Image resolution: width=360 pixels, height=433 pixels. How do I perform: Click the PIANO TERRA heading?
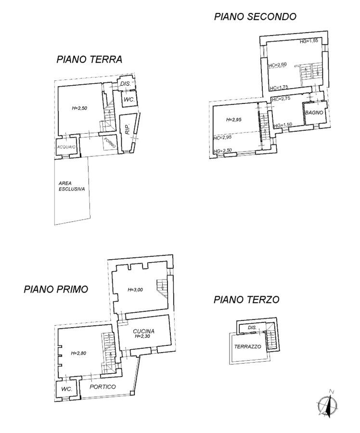coord(90,59)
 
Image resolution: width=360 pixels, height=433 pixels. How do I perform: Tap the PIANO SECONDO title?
coord(255,16)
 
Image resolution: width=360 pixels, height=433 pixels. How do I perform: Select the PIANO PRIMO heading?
coord(56,289)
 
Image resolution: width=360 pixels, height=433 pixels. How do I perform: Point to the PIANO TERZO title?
coord(246,299)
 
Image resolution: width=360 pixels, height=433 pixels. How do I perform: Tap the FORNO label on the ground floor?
coord(110,142)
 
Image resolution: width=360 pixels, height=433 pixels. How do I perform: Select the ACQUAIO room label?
coord(66,147)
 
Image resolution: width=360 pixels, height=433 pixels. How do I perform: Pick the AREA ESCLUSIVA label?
coord(72,186)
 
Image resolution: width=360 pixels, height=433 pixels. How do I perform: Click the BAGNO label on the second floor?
coord(314,113)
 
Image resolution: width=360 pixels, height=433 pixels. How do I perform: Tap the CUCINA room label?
coord(144,331)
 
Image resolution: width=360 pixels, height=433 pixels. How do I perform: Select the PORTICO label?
coord(103,387)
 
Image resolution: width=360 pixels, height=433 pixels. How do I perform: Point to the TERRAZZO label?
coord(247,346)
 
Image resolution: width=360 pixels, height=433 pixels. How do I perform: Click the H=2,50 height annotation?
coord(79,108)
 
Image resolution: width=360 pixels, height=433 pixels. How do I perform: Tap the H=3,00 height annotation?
coord(135,290)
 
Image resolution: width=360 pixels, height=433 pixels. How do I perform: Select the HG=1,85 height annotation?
coord(309,41)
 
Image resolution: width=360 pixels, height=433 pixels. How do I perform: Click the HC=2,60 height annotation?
coord(277,64)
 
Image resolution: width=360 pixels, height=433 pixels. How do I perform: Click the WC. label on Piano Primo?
coord(66,389)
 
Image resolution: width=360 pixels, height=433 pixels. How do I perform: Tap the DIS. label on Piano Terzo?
coord(252,328)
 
